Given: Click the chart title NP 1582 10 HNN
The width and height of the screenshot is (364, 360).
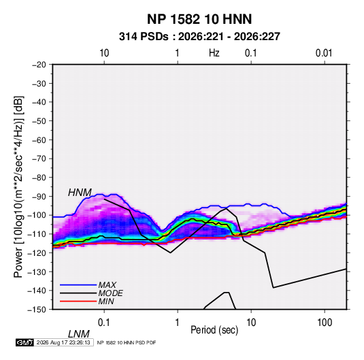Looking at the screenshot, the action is click(x=199, y=19).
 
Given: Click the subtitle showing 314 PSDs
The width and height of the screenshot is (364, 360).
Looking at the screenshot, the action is click(x=199, y=37).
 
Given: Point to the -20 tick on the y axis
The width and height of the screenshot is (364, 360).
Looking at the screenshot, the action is click(x=39, y=65).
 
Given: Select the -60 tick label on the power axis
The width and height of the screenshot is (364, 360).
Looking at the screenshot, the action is click(x=39, y=140).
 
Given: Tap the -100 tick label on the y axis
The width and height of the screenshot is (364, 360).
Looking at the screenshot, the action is click(x=37, y=215).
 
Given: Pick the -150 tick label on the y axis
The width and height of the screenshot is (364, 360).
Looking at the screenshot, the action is click(x=37, y=310).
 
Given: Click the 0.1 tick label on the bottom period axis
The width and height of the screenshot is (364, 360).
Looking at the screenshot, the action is click(x=104, y=323).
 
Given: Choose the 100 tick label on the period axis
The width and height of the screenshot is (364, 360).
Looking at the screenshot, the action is click(x=325, y=323).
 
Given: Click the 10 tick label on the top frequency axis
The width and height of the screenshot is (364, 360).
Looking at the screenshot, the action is click(x=104, y=53).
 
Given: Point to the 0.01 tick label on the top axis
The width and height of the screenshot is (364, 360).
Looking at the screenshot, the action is click(x=324, y=53).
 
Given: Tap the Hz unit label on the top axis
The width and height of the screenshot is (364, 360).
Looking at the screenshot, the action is click(x=214, y=53).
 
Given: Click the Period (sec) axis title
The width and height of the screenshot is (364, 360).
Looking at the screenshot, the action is click(x=214, y=330).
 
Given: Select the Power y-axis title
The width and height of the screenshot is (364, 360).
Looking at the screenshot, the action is click(x=18, y=187).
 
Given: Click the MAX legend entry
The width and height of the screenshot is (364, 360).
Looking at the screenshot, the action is click(x=107, y=285).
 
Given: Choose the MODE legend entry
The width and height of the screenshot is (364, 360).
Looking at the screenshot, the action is click(x=110, y=293).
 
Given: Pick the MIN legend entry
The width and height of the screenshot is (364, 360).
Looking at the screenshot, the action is click(x=106, y=301).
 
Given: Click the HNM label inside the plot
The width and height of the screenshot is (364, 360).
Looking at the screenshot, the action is click(x=80, y=193).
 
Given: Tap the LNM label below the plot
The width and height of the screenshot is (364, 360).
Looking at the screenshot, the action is click(x=79, y=334).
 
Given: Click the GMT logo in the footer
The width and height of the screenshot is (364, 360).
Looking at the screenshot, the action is click(x=24, y=342).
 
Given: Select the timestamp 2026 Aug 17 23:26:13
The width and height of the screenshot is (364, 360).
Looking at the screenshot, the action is click(x=63, y=342).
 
